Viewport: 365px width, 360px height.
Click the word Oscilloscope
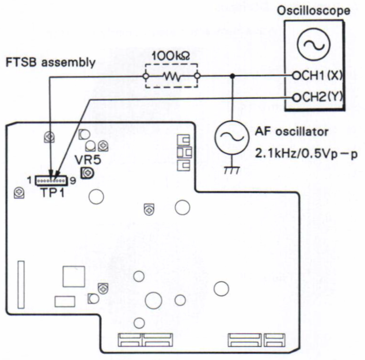coord(313,11)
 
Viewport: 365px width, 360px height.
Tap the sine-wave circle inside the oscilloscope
coord(313,44)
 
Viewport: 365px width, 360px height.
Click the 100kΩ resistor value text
coord(171,56)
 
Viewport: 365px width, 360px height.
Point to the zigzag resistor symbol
coord(172,76)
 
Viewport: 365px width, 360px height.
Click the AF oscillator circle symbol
coord(231,138)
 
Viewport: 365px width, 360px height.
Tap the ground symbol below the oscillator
coord(231,170)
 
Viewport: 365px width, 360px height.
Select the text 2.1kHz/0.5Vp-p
coord(307,154)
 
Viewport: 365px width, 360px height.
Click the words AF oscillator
coord(292,132)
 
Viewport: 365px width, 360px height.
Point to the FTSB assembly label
coord(50,62)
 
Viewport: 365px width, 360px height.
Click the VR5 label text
coord(88,159)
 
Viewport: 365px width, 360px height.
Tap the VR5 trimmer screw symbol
coord(87,173)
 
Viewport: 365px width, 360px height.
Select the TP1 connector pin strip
coord(51,180)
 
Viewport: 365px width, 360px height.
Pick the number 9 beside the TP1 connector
coord(73,181)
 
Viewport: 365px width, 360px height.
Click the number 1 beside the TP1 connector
coord(29,180)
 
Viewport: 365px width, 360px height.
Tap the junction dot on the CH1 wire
coord(232,76)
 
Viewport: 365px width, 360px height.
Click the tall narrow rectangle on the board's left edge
coord(21,284)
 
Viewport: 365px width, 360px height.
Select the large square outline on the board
coord(74,277)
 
